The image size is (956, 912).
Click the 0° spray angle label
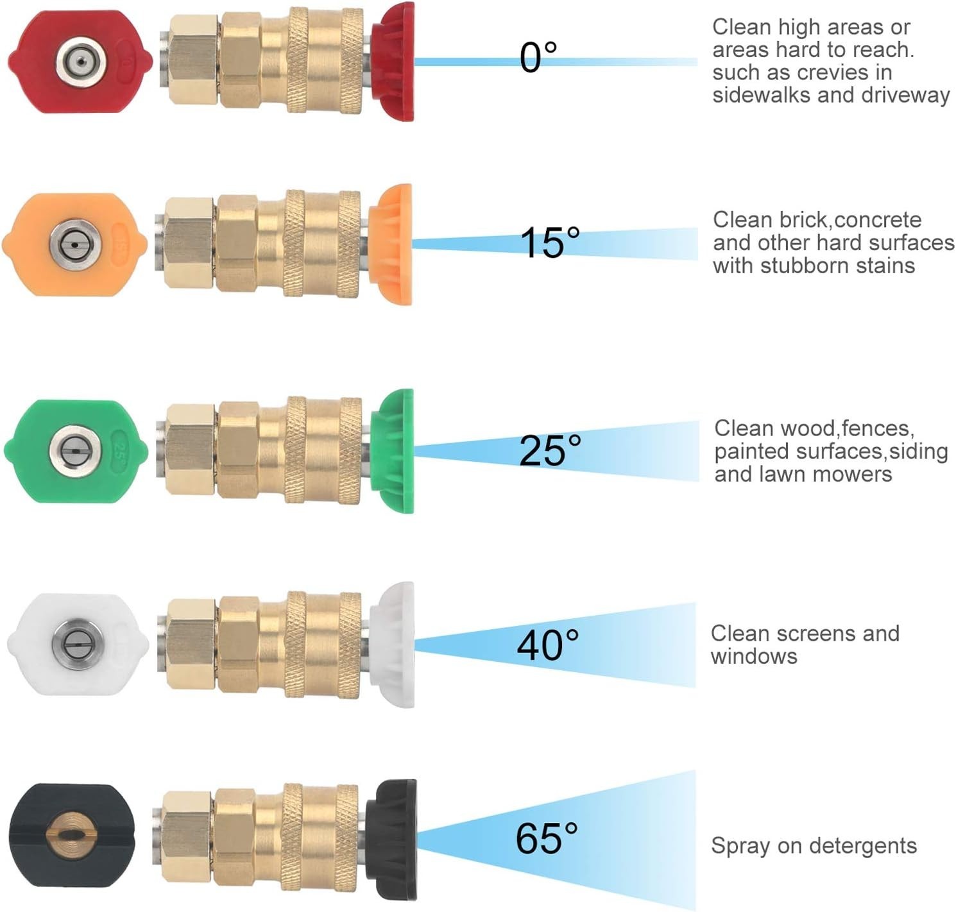click(538, 57)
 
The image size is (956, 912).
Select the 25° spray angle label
click(550, 450)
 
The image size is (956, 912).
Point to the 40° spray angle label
click(548, 645)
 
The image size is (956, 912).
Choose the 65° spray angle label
click(547, 839)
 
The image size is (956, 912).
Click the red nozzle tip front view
click(80, 62)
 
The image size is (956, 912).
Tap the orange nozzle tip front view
click(75, 244)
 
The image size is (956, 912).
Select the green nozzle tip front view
click(76, 451)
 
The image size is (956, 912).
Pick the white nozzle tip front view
click(78, 645)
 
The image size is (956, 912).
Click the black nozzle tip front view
click(72, 834)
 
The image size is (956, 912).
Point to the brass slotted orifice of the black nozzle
click(71, 835)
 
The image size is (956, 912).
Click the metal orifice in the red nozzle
click(80, 62)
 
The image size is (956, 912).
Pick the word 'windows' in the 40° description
click(754, 656)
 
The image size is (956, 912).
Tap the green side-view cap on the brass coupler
click(391, 451)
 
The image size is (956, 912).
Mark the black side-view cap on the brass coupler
click(391, 839)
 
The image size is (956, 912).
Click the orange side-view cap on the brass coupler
click(390, 244)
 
